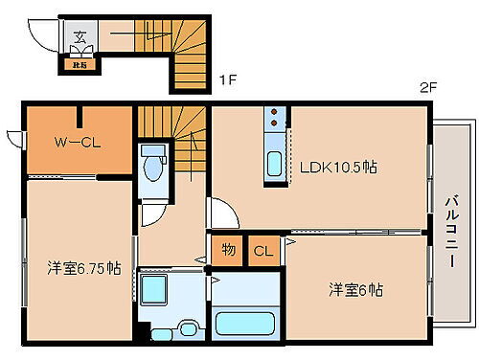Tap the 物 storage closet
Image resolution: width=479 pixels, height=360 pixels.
click(228, 251)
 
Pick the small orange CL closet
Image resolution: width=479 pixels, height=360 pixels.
click(262, 252)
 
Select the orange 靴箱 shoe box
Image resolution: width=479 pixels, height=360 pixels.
click(77, 66)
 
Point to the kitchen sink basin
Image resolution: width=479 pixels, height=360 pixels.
click(274, 163)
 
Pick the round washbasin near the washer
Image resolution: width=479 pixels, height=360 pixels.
click(188, 330)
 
